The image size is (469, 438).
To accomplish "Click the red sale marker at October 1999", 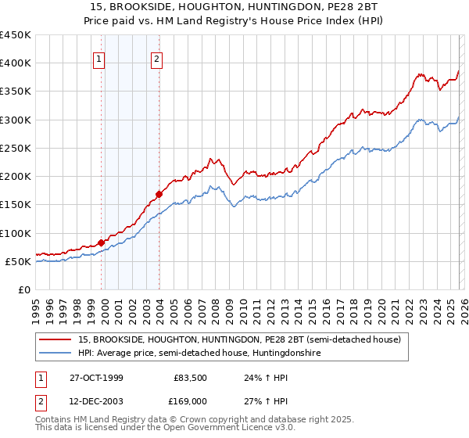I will click(x=102, y=242).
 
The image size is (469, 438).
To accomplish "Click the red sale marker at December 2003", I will click(x=159, y=193).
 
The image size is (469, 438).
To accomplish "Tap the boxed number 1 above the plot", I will click(x=100, y=57).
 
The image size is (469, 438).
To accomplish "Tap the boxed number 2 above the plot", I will click(x=156, y=57).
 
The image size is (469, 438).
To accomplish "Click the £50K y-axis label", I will click(x=19, y=261).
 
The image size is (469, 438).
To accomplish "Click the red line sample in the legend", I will click(x=56, y=340).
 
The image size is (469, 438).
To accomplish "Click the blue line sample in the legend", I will click(x=56, y=354).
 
